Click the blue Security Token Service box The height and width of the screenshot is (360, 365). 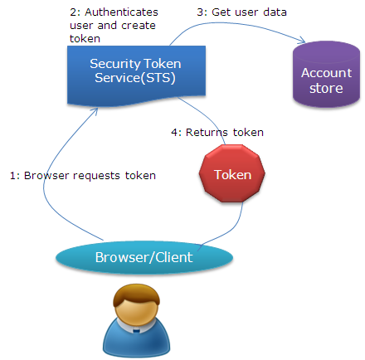pos(136,75)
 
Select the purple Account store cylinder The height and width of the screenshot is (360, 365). pos(326,74)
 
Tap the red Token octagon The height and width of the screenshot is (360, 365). pos(232,173)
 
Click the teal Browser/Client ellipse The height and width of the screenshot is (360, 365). pos(144,257)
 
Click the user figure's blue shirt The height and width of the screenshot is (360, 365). pos(136,338)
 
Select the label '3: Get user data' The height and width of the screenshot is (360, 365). pos(241,12)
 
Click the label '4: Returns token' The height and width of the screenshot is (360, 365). pos(217,132)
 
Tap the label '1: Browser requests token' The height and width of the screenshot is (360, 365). pos(83,176)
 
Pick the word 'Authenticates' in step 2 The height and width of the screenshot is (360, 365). pos(121,12)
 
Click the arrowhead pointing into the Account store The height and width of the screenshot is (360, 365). pos(302,41)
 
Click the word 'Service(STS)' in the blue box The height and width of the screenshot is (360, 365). pos(135,78)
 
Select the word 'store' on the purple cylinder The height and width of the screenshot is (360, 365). pos(326,89)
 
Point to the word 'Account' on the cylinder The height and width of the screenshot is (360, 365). pos(326,73)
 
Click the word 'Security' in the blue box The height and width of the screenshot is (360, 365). pos(115,64)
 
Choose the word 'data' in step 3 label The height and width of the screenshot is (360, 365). pos(275,12)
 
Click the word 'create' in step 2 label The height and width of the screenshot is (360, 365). pos(139,26)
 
